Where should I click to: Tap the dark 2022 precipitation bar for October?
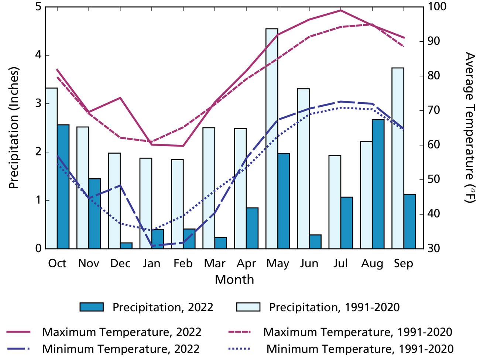click(x=63, y=186)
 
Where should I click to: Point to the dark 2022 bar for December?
click(x=126, y=246)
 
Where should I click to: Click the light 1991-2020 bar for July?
click(x=335, y=202)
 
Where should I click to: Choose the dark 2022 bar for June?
click(x=315, y=241)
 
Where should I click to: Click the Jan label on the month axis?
click(x=151, y=263)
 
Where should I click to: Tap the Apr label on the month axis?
click(x=246, y=263)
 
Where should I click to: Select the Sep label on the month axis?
click(x=404, y=263)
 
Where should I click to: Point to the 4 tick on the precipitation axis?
click(x=38, y=55)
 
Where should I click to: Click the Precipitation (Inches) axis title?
click(x=14, y=128)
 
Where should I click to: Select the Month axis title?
click(x=234, y=280)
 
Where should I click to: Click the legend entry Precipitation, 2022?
click(x=162, y=307)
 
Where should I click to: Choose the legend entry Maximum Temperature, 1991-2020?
click(x=357, y=332)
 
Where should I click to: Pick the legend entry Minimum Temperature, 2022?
click(x=121, y=349)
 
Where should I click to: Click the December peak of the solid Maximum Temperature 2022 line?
click(x=120, y=98)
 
